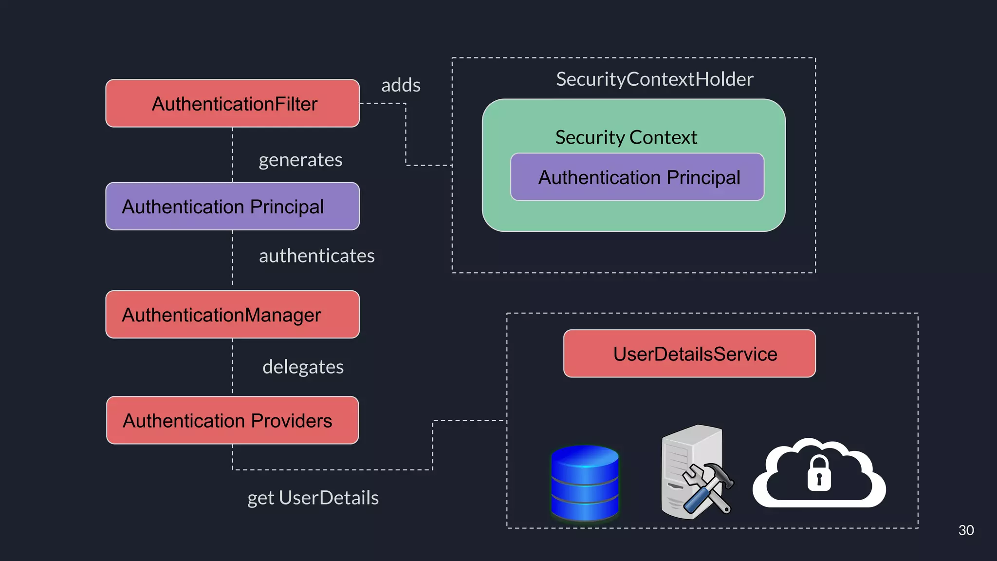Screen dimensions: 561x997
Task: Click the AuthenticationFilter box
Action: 232,103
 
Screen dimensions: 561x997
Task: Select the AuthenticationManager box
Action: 232,315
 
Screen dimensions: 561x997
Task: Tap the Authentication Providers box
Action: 232,420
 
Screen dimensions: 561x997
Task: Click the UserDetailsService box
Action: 689,354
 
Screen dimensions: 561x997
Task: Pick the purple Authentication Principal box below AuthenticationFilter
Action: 232,206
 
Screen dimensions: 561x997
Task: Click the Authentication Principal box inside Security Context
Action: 637,177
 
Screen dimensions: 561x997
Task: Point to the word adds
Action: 401,85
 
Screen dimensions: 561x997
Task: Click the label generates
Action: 300,160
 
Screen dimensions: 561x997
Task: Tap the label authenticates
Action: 316,256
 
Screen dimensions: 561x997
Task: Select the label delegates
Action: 303,367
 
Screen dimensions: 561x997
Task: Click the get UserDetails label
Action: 313,498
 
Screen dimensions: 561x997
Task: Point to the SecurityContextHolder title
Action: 654,79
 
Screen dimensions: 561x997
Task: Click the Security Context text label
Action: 626,137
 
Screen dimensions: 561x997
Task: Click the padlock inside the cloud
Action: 819,474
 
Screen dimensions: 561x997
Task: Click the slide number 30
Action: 966,530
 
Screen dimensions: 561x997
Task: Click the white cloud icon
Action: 779,482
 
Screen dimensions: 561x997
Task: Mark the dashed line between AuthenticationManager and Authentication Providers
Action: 233,367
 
